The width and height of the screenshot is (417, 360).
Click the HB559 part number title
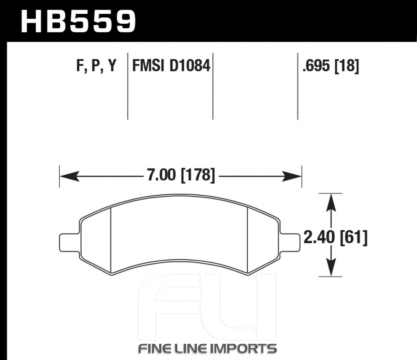(78, 21)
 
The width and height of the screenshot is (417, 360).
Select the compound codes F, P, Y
(96, 66)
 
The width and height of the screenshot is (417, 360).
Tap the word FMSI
(148, 65)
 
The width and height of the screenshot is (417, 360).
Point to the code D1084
(190, 65)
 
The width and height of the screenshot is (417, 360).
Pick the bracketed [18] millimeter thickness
(347, 66)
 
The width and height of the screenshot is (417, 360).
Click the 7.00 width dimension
(161, 175)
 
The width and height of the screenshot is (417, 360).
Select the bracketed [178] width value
(198, 175)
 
